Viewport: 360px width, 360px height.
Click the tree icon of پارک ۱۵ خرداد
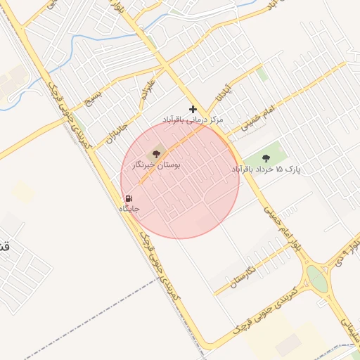(266, 157)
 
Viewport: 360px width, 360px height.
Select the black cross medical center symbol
(193, 109)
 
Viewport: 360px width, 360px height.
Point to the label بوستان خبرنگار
(156, 165)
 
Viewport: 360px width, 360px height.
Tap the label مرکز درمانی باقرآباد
(192, 120)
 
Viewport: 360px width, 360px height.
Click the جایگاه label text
(129, 209)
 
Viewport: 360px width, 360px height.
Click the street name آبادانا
(223, 92)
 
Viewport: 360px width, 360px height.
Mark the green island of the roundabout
(317, 280)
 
